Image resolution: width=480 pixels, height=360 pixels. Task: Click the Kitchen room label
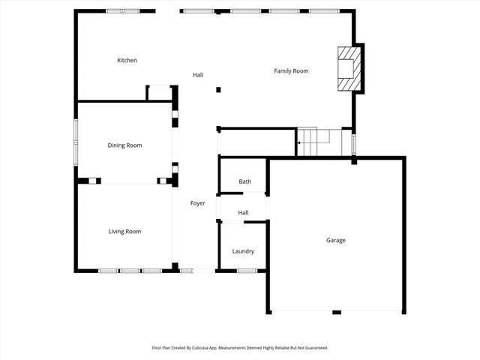point(127,60)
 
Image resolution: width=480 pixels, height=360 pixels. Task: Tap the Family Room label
point(291,71)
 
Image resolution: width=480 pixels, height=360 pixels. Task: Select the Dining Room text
point(124,145)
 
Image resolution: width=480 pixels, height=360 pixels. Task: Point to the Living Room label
point(124,232)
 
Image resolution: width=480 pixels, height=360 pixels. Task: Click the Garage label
point(335,240)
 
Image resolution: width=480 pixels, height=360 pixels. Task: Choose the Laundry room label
point(243,251)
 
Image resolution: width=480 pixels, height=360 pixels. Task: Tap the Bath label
point(244,181)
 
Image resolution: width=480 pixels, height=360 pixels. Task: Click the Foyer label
point(197,203)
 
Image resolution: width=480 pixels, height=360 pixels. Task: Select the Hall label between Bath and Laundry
point(243,213)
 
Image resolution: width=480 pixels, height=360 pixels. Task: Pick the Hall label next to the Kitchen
point(197,75)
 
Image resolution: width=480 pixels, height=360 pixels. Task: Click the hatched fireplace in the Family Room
point(348,69)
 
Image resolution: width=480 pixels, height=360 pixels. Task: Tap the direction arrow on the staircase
point(299,142)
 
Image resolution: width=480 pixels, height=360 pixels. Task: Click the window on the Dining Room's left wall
point(75,142)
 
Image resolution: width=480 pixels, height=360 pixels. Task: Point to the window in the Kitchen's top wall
point(122,11)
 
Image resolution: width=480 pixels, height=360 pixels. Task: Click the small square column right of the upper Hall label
point(218,90)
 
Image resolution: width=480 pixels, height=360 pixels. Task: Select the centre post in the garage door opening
point(337,312)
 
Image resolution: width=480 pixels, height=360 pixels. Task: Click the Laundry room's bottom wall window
point(247,271)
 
